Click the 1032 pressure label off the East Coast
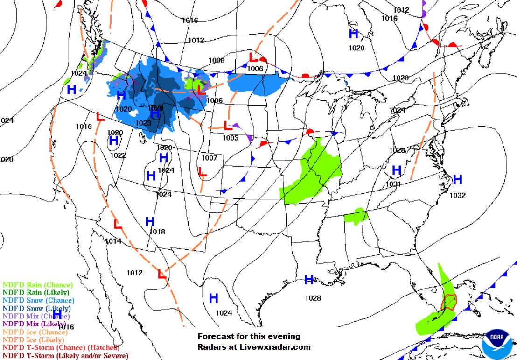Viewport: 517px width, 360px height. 458,196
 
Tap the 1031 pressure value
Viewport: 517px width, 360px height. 394,184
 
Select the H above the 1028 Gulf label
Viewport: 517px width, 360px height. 309,280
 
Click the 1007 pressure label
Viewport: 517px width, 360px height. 210,158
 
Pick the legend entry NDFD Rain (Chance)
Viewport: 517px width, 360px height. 38,285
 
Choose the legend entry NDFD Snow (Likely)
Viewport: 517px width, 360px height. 37,308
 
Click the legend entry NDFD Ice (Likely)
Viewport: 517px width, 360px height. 34,340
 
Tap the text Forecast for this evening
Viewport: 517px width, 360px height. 249,336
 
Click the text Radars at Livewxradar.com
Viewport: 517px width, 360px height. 254,347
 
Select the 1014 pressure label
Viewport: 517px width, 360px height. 113,241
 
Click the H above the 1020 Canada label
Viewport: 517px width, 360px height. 354,34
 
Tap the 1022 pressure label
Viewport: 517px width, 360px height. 118,155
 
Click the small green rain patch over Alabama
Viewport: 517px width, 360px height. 356,216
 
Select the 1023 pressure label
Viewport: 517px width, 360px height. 143,123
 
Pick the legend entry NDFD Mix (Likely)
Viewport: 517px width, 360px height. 34,324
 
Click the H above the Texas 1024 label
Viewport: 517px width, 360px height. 214,298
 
